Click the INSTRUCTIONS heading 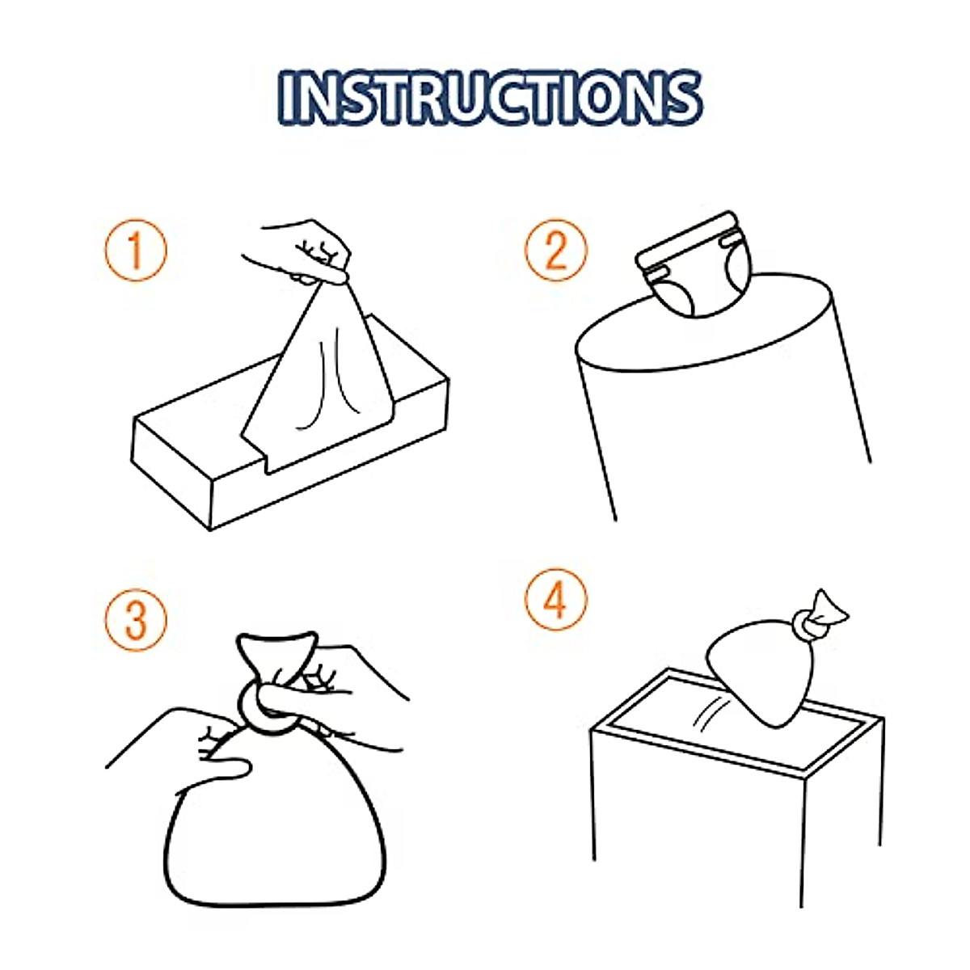(x=488, y=98)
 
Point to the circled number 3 (x=135, y=621)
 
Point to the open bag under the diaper (x=719, y=404)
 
